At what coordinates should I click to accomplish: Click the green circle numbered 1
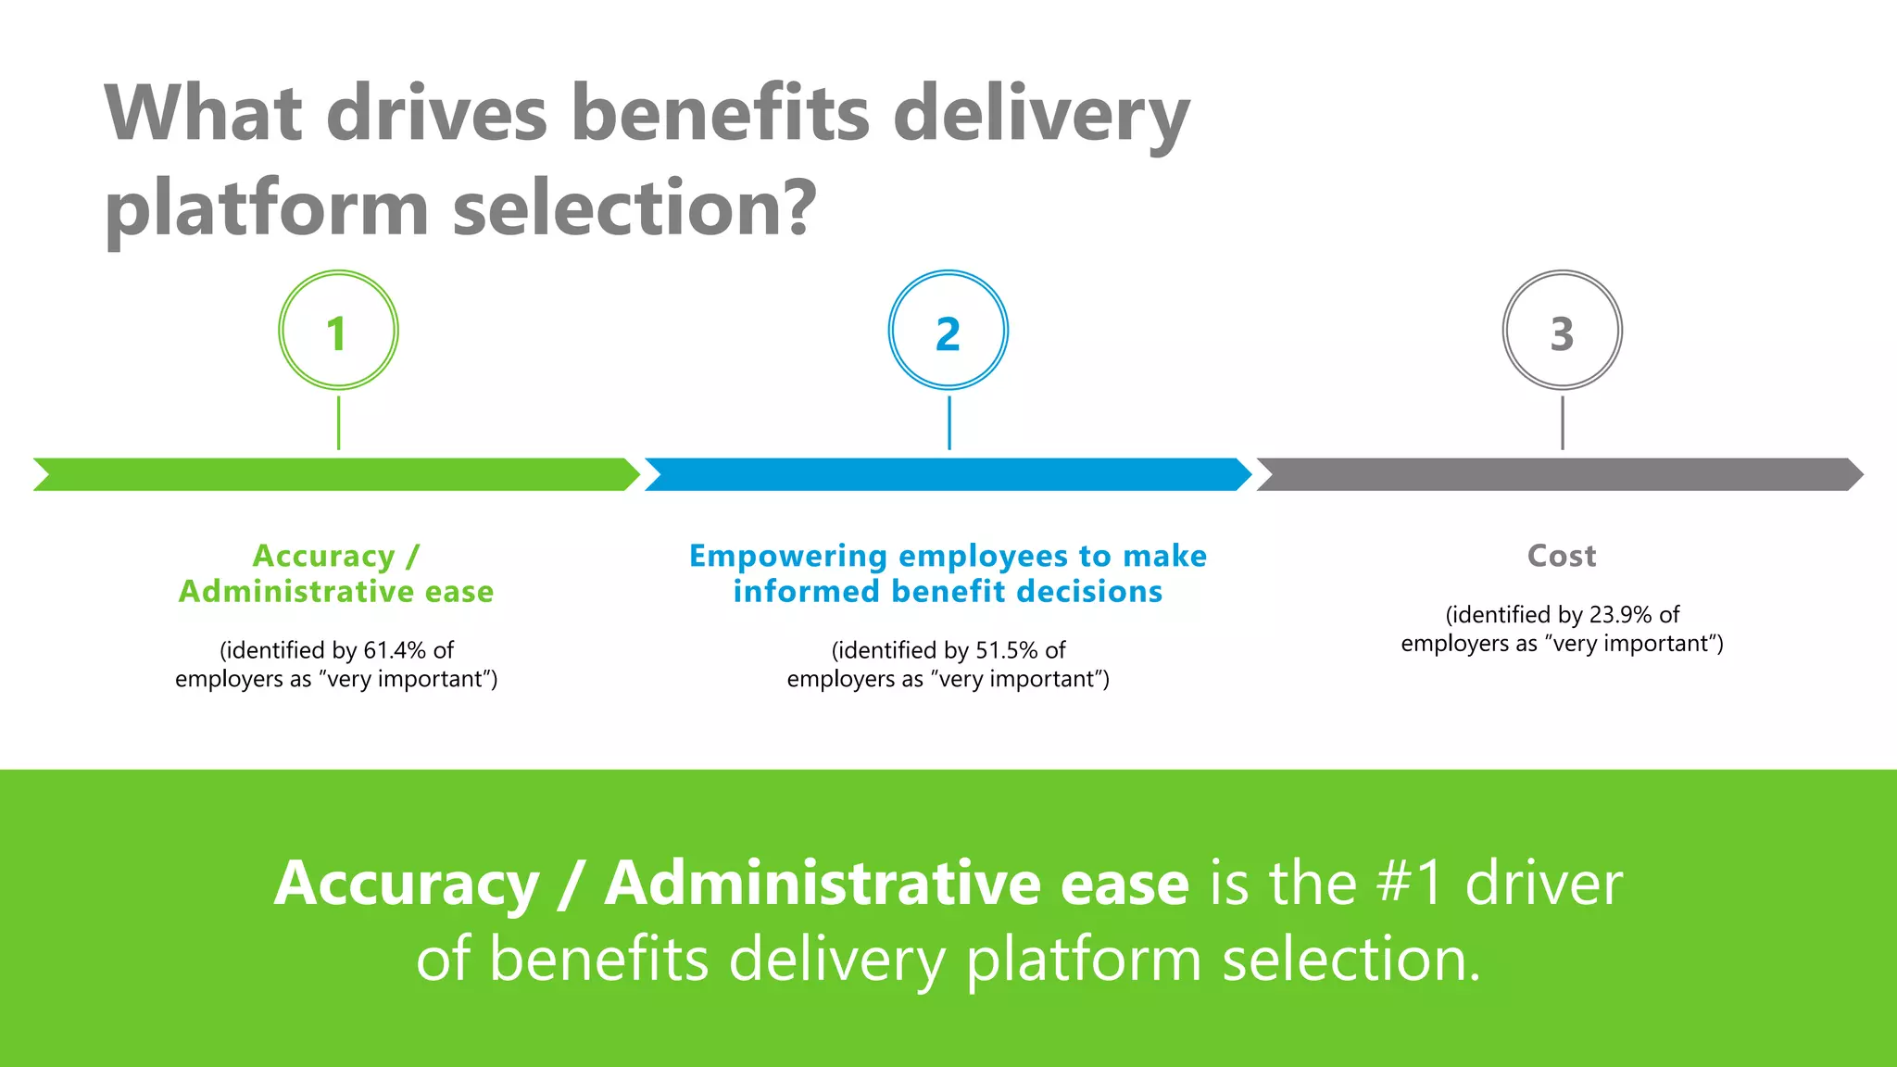point(338,331)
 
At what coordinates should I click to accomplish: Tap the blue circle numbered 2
point(948,331)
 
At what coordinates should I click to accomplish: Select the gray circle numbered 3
point(1562,331)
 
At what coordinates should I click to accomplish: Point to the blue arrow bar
point(948,474)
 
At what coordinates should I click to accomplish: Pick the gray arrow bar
point(1560,474)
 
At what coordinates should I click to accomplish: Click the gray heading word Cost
point(1562,556)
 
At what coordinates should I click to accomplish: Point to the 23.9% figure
point(1621,615)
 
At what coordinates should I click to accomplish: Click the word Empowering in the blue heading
point(788,556)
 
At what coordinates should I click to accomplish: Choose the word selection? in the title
point(635,207)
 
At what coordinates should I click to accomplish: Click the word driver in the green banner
point(1544,883)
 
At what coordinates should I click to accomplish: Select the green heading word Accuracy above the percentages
point(324,556)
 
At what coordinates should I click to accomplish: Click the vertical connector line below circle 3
point(1563,423)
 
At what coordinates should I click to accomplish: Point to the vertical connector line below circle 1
point(339,423)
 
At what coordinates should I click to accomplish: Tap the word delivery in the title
point(1041,115)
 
